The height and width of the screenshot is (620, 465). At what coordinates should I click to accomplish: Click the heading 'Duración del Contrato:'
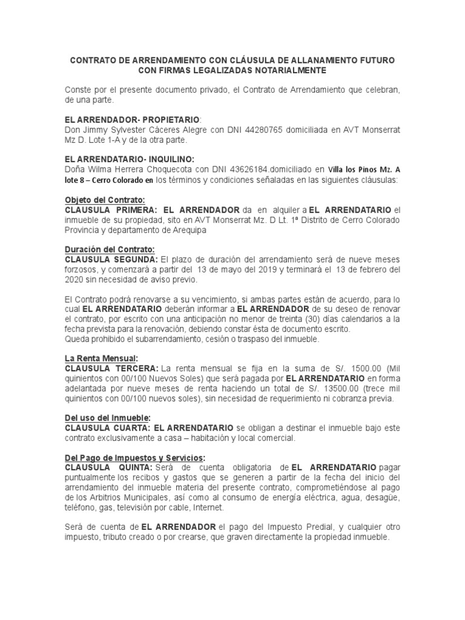110,249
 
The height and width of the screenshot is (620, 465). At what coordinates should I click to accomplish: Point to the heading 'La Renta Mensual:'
102,358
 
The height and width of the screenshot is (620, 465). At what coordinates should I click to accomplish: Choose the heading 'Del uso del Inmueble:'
107,418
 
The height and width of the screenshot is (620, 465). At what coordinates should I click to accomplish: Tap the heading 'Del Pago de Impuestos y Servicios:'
135,457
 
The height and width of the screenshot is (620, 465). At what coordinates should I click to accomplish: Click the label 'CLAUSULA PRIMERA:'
112,209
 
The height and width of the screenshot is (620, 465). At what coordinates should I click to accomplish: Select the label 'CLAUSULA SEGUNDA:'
113,259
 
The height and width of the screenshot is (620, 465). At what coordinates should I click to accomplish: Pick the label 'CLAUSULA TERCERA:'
112,368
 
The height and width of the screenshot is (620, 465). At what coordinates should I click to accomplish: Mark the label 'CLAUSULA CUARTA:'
108,427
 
